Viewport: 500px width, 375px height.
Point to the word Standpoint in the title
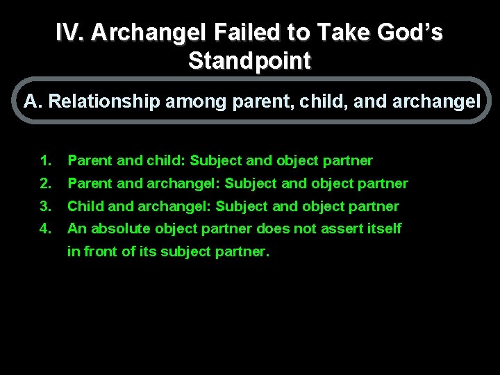(x=250, y=61)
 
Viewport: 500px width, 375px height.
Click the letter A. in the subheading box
(x=33, y=102)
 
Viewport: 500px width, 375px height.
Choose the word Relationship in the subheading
(x=103, y=102)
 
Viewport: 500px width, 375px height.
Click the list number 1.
(x=46, y=161)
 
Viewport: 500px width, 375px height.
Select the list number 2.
(x=46, y=184)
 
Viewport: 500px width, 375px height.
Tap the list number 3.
(x=46, y=207)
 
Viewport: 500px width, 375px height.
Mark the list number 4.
(x=46, y=228)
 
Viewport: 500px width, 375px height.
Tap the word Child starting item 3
(x=84, y=207)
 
